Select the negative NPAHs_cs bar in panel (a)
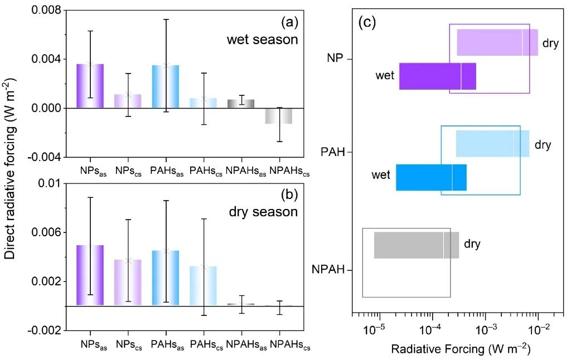point(279,116)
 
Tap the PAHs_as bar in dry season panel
point(165,278)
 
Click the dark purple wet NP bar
point(437,76)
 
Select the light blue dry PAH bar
point(492,144)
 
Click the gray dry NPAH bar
point(416,245)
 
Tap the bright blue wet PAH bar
point(431,178)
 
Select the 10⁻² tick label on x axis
point(537,330)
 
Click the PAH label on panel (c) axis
point(333,152)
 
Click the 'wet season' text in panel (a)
point(262,40)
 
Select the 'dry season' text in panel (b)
point(263,212)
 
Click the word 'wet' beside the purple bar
point(385,76)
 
